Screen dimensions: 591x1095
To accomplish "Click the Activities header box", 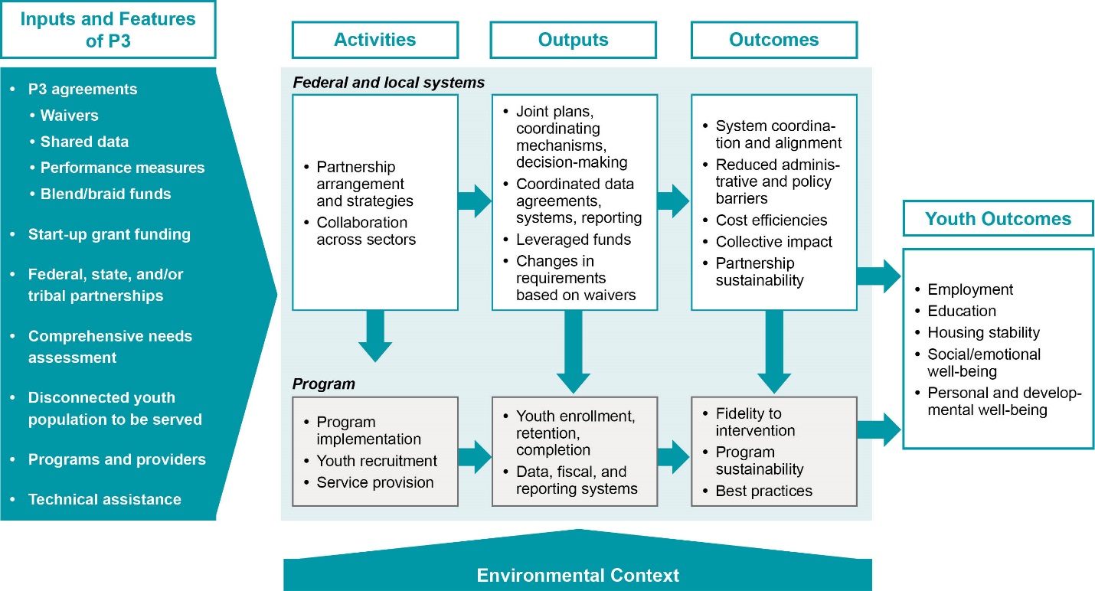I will click(x=374, y=40).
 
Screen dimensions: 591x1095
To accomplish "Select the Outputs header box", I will click(x=574, y=40).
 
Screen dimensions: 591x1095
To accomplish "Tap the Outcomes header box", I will click(x=773, y=40).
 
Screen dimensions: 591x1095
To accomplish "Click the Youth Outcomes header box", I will click(x=998, y=219).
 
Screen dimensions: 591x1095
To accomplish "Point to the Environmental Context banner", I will click(x=577, y=575).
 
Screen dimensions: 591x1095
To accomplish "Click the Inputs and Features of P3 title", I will click(x=107, y=30).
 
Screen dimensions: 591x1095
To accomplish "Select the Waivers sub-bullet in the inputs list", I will click(x=69, y=116).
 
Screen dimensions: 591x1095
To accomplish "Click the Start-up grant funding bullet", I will click(x=109, y=234).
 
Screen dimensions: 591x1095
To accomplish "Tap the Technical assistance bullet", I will click(x=104, y=499).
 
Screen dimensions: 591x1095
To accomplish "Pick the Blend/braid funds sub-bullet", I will click(x=106, y=194).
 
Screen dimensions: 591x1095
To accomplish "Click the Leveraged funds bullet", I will click(x=573, y=240).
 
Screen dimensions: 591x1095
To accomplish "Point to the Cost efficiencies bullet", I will click(x=771, y=220).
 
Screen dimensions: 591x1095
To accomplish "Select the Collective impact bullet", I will click(x=773, y=242).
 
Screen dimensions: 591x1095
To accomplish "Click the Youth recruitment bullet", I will click(x=377, y=461).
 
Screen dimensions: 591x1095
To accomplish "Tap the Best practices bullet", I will click(x=763, y=491).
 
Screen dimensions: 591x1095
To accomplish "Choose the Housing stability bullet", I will click(x=983, y=332).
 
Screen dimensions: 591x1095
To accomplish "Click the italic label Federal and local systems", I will click(x=388, y=82).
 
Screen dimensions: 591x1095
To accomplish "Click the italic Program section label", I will click(x=324, y=383).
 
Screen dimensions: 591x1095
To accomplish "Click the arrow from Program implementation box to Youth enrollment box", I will click(x=475, y=457).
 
